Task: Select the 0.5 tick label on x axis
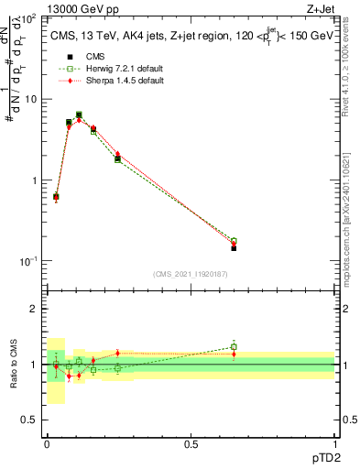[190, 442]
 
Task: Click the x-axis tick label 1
[334, 442]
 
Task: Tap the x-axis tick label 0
[47, 442]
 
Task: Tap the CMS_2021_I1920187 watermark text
[190, 274]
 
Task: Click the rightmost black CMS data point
[234, 248]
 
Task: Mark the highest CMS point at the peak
[79, 115]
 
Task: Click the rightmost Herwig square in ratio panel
[234, 347]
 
